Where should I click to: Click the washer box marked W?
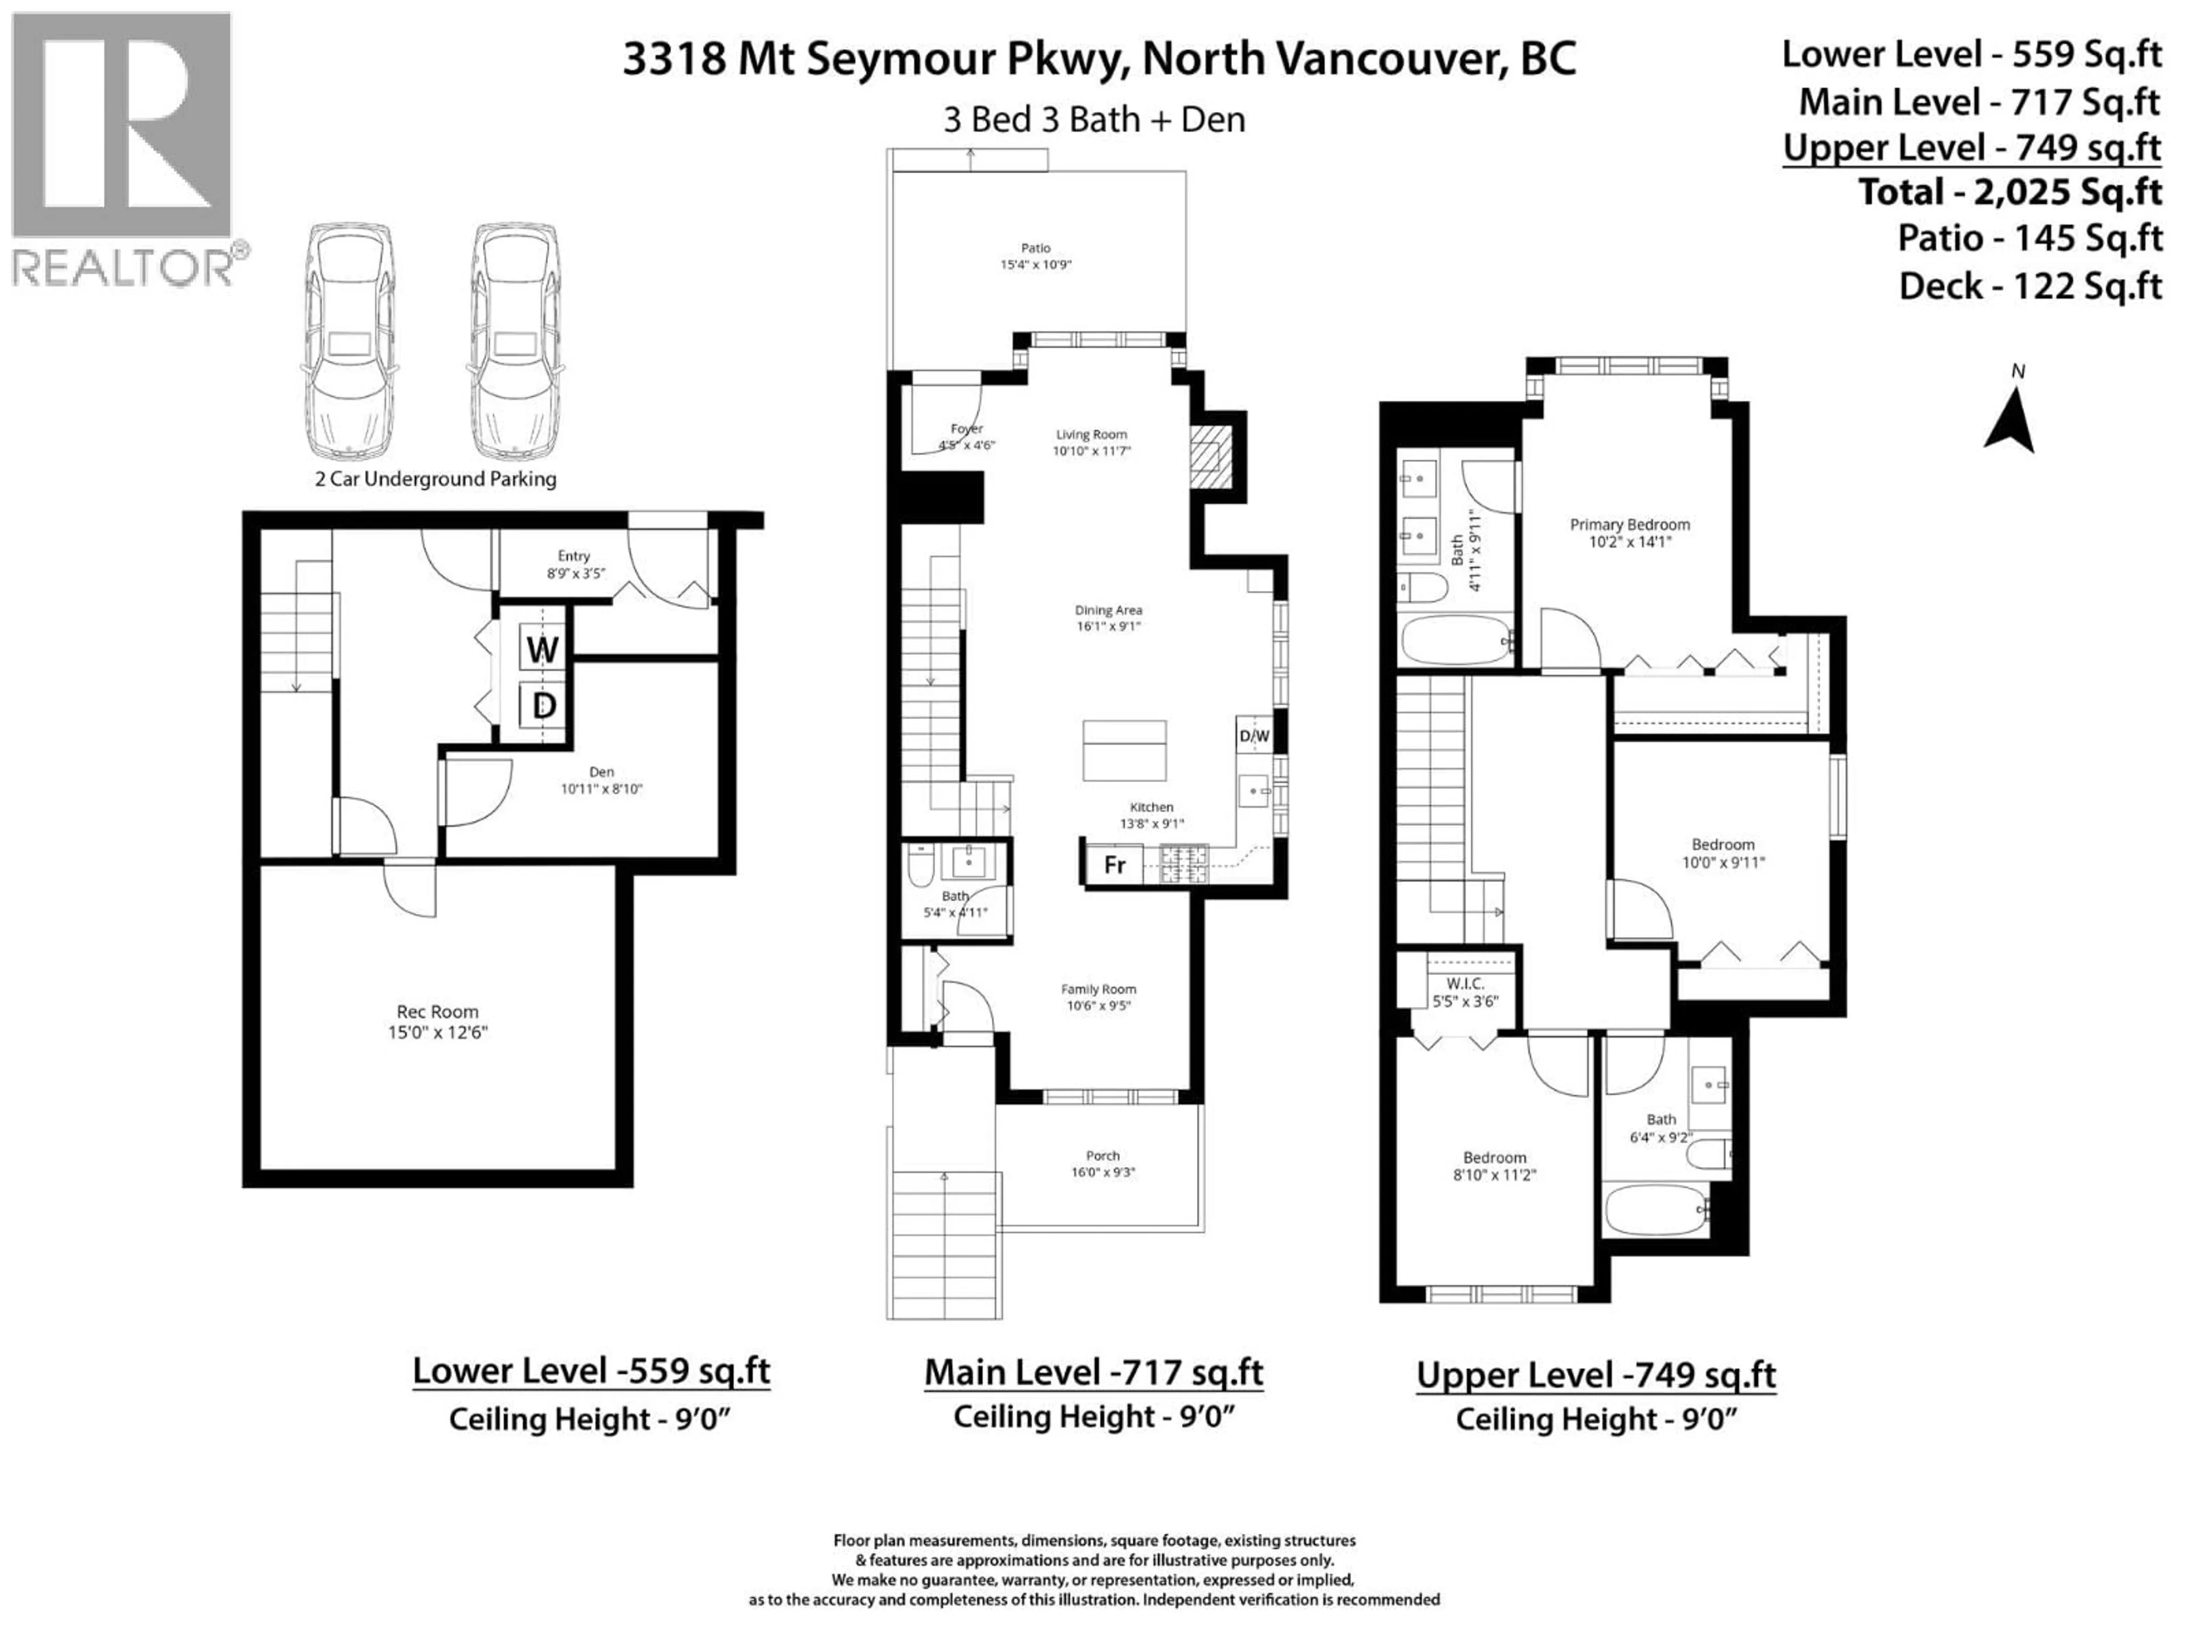pos(542,649)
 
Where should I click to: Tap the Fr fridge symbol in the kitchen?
pos(1114,864)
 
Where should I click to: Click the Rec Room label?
pos(437,1011)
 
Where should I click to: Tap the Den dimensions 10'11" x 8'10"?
pos(601,789)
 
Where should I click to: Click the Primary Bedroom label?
pos(1630,525)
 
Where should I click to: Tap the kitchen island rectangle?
pos(1124,750)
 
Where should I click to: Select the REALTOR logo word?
pos(123,268)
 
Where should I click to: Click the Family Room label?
pos(1098,989)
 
